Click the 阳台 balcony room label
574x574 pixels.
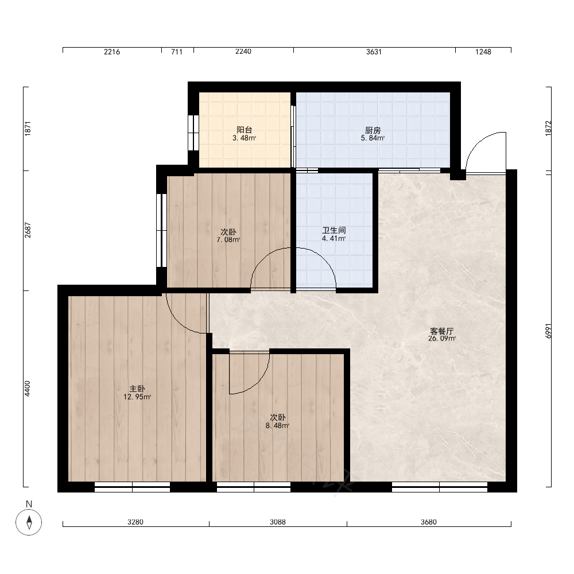(x=244, y=130)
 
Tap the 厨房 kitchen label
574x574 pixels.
(x=373, y=130)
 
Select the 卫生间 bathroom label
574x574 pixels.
(x=334, y=230)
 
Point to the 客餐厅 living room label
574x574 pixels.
(x=442, y=331)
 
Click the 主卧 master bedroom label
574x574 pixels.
(x=137, y=389)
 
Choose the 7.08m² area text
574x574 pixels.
(x=228, y=240)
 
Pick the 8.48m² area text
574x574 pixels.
(x=277, y=425)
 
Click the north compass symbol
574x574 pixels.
(x=29, y=522)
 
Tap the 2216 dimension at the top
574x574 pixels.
(x=112, y=52)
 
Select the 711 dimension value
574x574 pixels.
(x=177, y=52)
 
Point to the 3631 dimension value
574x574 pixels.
(x=374, y=52)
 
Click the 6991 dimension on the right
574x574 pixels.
(x=548, y=331)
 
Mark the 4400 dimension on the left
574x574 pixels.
(x=28, y=389)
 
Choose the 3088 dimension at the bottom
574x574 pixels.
(x=278, y=522)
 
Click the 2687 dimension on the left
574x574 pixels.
(x=28, y=230)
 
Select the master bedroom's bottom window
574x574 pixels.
(x=132, y=487)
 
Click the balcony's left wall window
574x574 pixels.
(x=193, y=133)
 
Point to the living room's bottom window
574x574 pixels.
(x=440, y=487)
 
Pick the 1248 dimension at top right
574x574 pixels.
(x=483, y=52)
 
